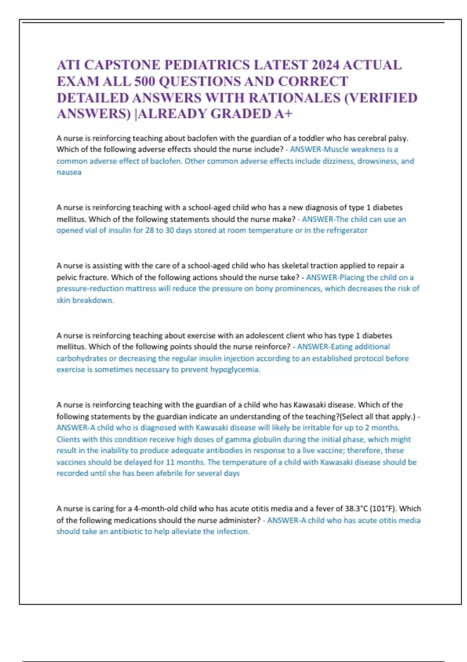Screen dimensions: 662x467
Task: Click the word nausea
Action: (69, 172)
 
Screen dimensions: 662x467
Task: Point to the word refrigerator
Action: (347, 230)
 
